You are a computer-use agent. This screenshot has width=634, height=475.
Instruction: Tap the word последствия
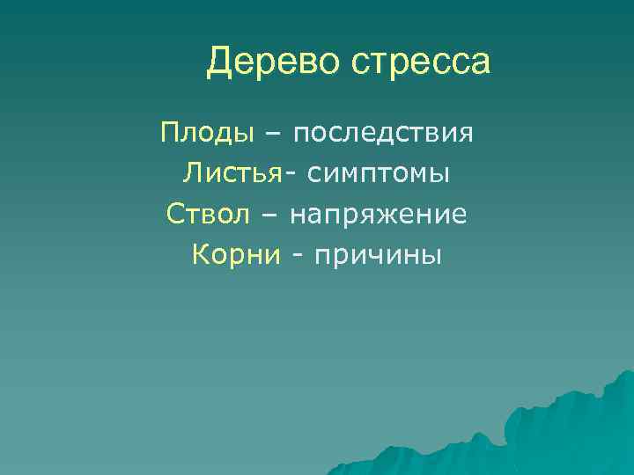coord(384,134)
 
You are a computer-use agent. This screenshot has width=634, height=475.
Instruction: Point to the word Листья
coord(233,173)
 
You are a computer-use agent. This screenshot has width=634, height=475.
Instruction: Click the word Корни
coord(236,254)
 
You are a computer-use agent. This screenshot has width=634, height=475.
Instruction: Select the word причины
coord(380,255)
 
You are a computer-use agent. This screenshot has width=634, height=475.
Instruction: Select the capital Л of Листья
coord(193,172)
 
